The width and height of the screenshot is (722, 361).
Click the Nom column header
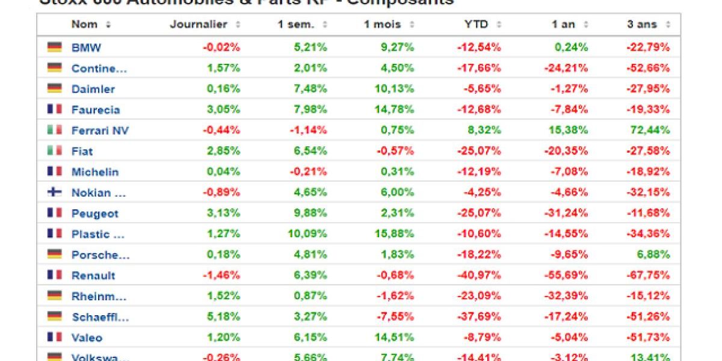click(84, 25)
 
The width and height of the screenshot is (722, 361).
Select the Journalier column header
click(199, 25)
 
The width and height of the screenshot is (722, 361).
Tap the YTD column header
click(475, 25)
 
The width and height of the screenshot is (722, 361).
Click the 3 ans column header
click(642, 25)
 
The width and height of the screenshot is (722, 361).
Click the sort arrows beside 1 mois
click(412, 25)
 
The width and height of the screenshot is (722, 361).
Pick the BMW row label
click(86, 48)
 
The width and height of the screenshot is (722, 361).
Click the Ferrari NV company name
click(100, 131)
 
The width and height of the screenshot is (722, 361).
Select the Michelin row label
click(95, 172)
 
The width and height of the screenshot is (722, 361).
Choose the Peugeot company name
click(95, 214)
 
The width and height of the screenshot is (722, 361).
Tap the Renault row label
click(93, 276)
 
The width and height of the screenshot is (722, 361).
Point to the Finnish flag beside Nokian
click(55, 193)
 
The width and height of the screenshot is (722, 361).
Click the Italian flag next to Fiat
click(55, 151)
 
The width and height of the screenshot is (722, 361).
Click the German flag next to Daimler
click(55, 88)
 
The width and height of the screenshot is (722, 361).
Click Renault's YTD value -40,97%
click(479, 276)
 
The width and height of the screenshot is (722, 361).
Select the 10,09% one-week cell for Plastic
click(307, 234)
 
